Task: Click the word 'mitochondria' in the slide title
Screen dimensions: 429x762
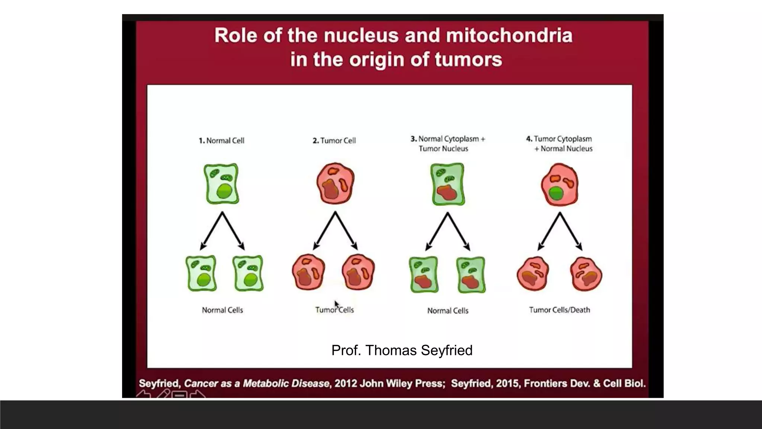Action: [x=509, y=36]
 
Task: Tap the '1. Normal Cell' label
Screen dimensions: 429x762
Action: [x=222, y=141]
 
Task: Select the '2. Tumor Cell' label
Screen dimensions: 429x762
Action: [x=334, y=141]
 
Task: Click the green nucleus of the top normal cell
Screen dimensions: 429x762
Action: [x=224, y=191]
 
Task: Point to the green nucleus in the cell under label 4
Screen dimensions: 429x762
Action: [x=556, y=194]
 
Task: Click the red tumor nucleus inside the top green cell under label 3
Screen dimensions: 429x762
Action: [x=446, y=193]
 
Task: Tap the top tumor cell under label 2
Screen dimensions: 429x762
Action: [x=335, y=183]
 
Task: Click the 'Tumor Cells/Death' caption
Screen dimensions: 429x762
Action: [x=560, y=310]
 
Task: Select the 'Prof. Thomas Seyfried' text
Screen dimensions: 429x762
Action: [x=402, y=350]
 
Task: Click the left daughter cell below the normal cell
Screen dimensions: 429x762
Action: [x=201, y=273]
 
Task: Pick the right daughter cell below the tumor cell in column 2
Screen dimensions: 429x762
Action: [x=358, y=272]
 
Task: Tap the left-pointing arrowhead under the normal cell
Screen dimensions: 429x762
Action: [x=203, y=247]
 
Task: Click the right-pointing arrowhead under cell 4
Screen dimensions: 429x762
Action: [x=579, y=247]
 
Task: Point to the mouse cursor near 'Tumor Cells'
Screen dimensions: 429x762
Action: [x=336, y=304]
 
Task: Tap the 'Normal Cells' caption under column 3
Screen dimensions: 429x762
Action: [x=448, y=311]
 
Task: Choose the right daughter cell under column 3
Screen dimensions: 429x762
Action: [x=471, y=275]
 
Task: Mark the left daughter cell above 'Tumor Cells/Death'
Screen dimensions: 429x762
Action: [x=533, y=274]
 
